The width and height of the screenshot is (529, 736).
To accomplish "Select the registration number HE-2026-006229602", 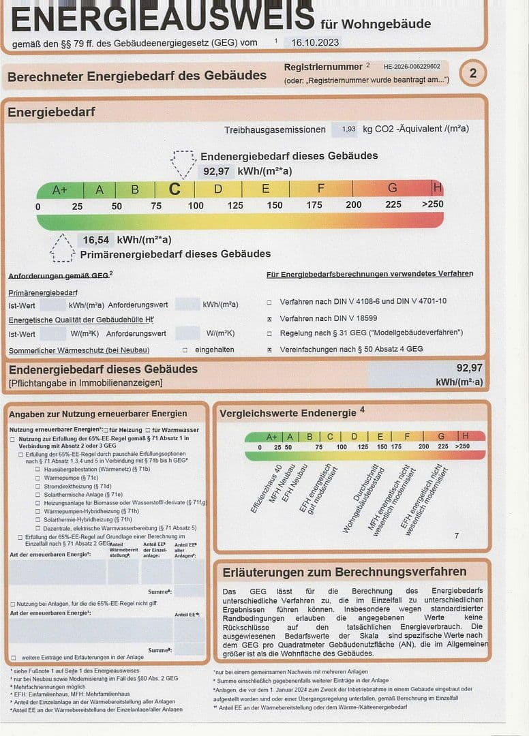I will (x=412, y=67).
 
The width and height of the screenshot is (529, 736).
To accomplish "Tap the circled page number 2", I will (x=473, y=73).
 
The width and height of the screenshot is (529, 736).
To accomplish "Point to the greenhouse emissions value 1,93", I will (x=348, y=129).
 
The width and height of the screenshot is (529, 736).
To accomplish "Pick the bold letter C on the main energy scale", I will (x=175, y=189).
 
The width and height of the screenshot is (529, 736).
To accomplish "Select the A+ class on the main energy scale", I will (x=60, y=189).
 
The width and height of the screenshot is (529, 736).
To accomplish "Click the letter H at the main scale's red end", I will (x=437, y=188).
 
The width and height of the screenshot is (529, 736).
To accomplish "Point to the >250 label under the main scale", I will (x=432, y=205).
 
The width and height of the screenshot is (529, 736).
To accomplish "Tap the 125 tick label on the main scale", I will (x=235, y=205).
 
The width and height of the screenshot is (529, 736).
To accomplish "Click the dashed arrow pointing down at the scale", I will (x=182, y=164).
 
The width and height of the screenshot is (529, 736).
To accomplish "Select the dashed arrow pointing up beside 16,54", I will (x=62, y=248).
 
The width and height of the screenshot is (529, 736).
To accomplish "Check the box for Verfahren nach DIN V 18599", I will (x=269, y=318).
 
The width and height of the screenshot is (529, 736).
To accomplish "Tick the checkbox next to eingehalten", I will (x=185, y=350).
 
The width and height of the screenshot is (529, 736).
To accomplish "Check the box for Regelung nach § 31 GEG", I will (x=269, y=334).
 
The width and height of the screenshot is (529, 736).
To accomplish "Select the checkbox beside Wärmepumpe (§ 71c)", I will (x=37, y=478).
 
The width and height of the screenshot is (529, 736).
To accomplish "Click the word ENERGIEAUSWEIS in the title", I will (x=163, y=18).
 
